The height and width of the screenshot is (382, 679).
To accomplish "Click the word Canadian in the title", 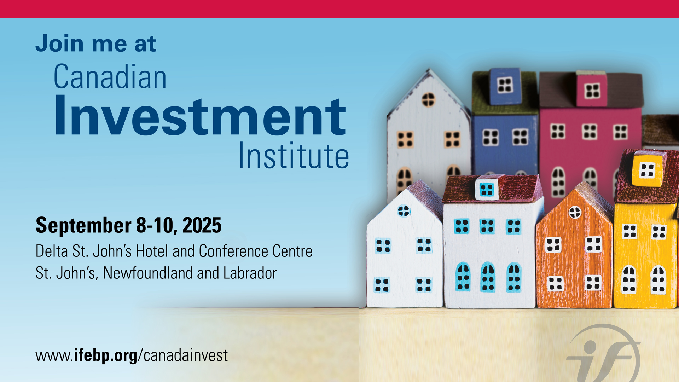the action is click(110, 77).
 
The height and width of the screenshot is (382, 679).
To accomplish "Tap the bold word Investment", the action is click(200, 115).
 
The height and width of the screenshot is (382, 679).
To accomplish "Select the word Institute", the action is click(294, 155).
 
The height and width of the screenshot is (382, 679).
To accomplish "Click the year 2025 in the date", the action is click(202, 225).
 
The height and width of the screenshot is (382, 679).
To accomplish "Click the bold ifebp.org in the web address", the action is click(106, 355).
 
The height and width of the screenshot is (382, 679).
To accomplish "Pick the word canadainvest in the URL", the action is click(186, 355).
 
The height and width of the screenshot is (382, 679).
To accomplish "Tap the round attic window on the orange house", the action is click(575, 212).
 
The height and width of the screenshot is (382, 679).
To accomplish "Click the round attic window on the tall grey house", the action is click(428, 99).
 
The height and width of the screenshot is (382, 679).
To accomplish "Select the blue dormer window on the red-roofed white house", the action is click(487, 190).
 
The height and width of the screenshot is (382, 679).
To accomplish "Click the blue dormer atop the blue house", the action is click(505, 86).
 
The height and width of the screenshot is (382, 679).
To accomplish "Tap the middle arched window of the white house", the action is click(488, 277).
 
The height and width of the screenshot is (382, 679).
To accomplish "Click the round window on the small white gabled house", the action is click(404, 211).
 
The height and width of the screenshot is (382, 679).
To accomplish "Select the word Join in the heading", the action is click(60, 44).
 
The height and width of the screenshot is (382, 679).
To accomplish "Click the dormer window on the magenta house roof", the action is click(592, 91).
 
